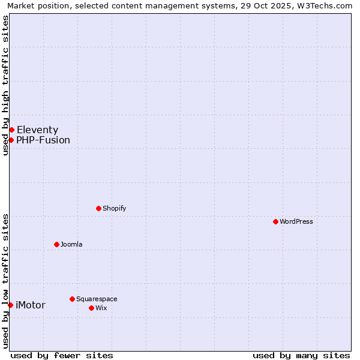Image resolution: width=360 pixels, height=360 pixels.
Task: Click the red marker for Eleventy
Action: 11,130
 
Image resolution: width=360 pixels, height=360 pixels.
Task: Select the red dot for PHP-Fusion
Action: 11,140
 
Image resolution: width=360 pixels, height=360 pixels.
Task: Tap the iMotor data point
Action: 10,305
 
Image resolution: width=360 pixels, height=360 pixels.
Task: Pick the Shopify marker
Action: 98,208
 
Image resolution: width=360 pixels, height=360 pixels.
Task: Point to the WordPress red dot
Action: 275,221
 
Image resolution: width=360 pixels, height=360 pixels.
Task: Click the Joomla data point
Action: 56,244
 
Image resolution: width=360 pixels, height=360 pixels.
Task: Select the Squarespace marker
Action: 72,299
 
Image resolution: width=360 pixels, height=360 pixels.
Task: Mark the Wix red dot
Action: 91,308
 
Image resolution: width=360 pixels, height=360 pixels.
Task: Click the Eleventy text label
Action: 37,130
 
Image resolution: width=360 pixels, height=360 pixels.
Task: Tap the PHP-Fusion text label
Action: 43,140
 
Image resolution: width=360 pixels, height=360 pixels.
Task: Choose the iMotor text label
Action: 30,305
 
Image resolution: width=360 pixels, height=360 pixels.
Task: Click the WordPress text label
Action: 296,221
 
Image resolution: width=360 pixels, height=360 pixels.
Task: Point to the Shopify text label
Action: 114,208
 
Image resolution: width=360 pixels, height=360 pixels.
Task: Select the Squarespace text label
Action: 97,299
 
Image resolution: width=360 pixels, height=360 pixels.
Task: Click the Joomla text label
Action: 71,244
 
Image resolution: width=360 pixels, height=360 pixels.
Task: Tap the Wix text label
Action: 101,308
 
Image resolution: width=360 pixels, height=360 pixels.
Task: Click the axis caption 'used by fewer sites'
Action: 62,355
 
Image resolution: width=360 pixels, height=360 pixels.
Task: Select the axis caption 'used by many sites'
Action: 301,355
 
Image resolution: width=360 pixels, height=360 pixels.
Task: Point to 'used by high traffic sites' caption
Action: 5,85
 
